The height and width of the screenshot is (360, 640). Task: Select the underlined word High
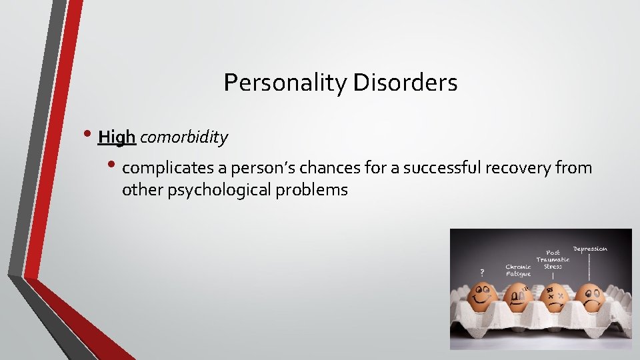[117, 137]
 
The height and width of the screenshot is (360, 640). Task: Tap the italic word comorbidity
[184, 137]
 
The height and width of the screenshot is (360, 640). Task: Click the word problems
[316, 190]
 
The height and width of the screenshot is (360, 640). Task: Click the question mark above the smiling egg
[482, 272]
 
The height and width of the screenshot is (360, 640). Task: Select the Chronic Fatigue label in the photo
[518, 270]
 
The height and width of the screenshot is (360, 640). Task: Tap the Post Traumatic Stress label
[553, 259]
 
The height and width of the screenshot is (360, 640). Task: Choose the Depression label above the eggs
[590, 249]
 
